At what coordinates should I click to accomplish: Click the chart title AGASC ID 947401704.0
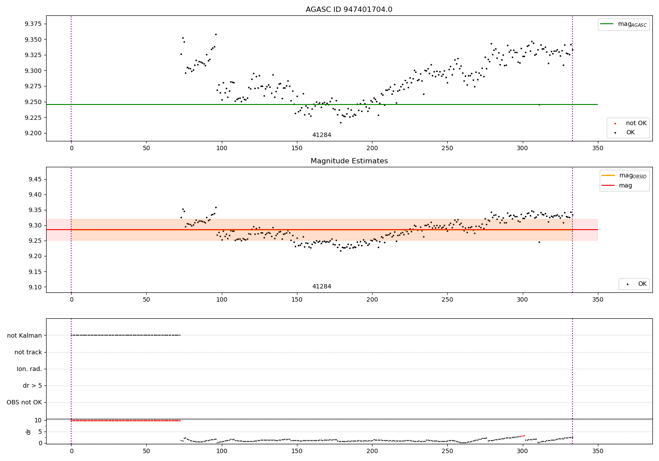[x=349, y=9]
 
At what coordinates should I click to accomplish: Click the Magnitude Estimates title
[x=349, y=161]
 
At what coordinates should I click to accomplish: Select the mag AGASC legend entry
[x=623, y=24]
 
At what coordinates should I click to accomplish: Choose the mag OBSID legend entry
[x=624, y=176]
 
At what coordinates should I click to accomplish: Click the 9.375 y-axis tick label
[x=33, y=24]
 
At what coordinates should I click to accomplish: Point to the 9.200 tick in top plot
[x=33, y=133]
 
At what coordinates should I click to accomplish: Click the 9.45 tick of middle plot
[x=35, y=179]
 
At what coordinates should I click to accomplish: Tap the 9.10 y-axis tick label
[x=35, y=287]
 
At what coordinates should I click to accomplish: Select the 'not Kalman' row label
[x=25, y=335]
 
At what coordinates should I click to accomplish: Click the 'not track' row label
[x=28, y=352]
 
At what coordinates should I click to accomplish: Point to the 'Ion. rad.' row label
[x=29, y=369]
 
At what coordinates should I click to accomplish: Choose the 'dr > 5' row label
[x=33, y=385]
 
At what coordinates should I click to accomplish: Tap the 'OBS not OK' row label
[x=24, y=402]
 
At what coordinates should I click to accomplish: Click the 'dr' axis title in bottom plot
[x=28, y=432]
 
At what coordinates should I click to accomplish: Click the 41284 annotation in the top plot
[x=322, y=135]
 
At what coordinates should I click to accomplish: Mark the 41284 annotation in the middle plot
[x=322, y=286]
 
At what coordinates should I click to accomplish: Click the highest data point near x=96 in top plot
[x=216, y=34]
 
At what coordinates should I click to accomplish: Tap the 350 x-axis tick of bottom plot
[x=597, y=451]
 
